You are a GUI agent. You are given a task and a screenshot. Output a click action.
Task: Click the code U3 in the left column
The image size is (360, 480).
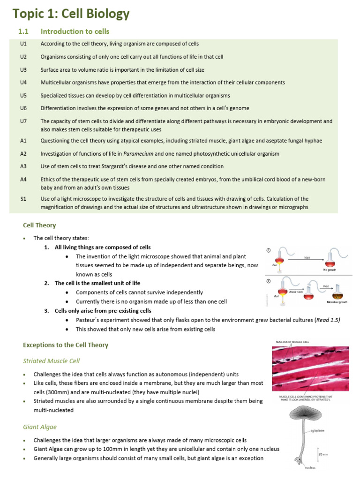coord(23,69)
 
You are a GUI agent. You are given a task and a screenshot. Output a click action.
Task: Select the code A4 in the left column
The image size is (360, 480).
coord(23,180)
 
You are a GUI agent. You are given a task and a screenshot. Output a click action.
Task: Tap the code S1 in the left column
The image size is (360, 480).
coord(23,199)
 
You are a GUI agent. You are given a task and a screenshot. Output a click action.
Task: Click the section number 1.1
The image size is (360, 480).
coord(23,31)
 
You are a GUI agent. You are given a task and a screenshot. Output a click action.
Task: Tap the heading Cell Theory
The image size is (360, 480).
coord(39,225)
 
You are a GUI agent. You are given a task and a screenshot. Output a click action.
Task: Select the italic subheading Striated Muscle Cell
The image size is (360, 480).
coord(51,360)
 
